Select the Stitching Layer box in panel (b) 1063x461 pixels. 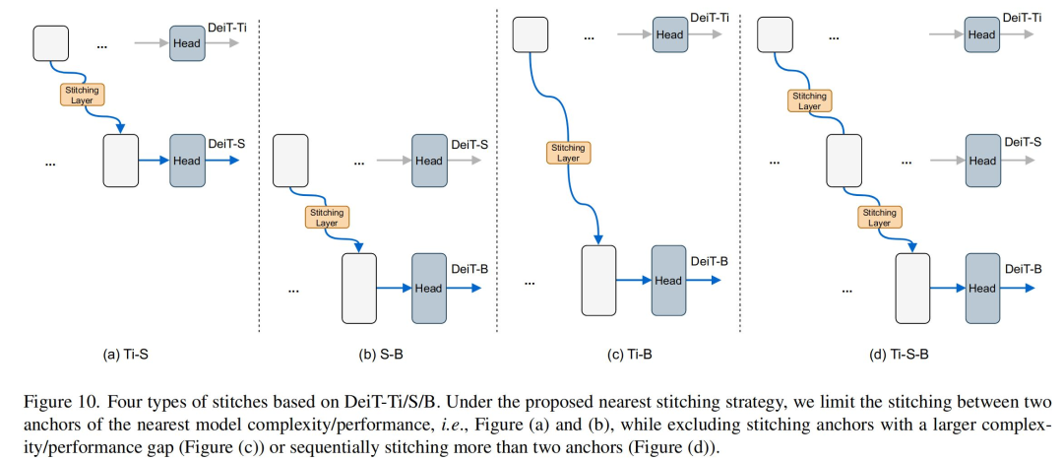click(327, 217)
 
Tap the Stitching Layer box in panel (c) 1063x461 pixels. click(569, 153)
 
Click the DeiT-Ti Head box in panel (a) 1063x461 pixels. click(187, 43)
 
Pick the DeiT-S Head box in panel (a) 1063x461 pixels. click(187, 161)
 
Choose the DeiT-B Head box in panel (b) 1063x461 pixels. click(429, 288)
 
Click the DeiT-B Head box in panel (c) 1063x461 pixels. click(669, 280)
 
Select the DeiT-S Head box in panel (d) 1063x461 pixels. click(981, 161)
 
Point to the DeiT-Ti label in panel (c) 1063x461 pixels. click(711, 19)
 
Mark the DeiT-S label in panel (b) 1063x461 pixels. click(470, 144)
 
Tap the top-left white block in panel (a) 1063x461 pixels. click(51, 43)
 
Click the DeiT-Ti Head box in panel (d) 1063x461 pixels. click(981, 34)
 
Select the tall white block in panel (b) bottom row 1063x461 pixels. click(358, 288)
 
